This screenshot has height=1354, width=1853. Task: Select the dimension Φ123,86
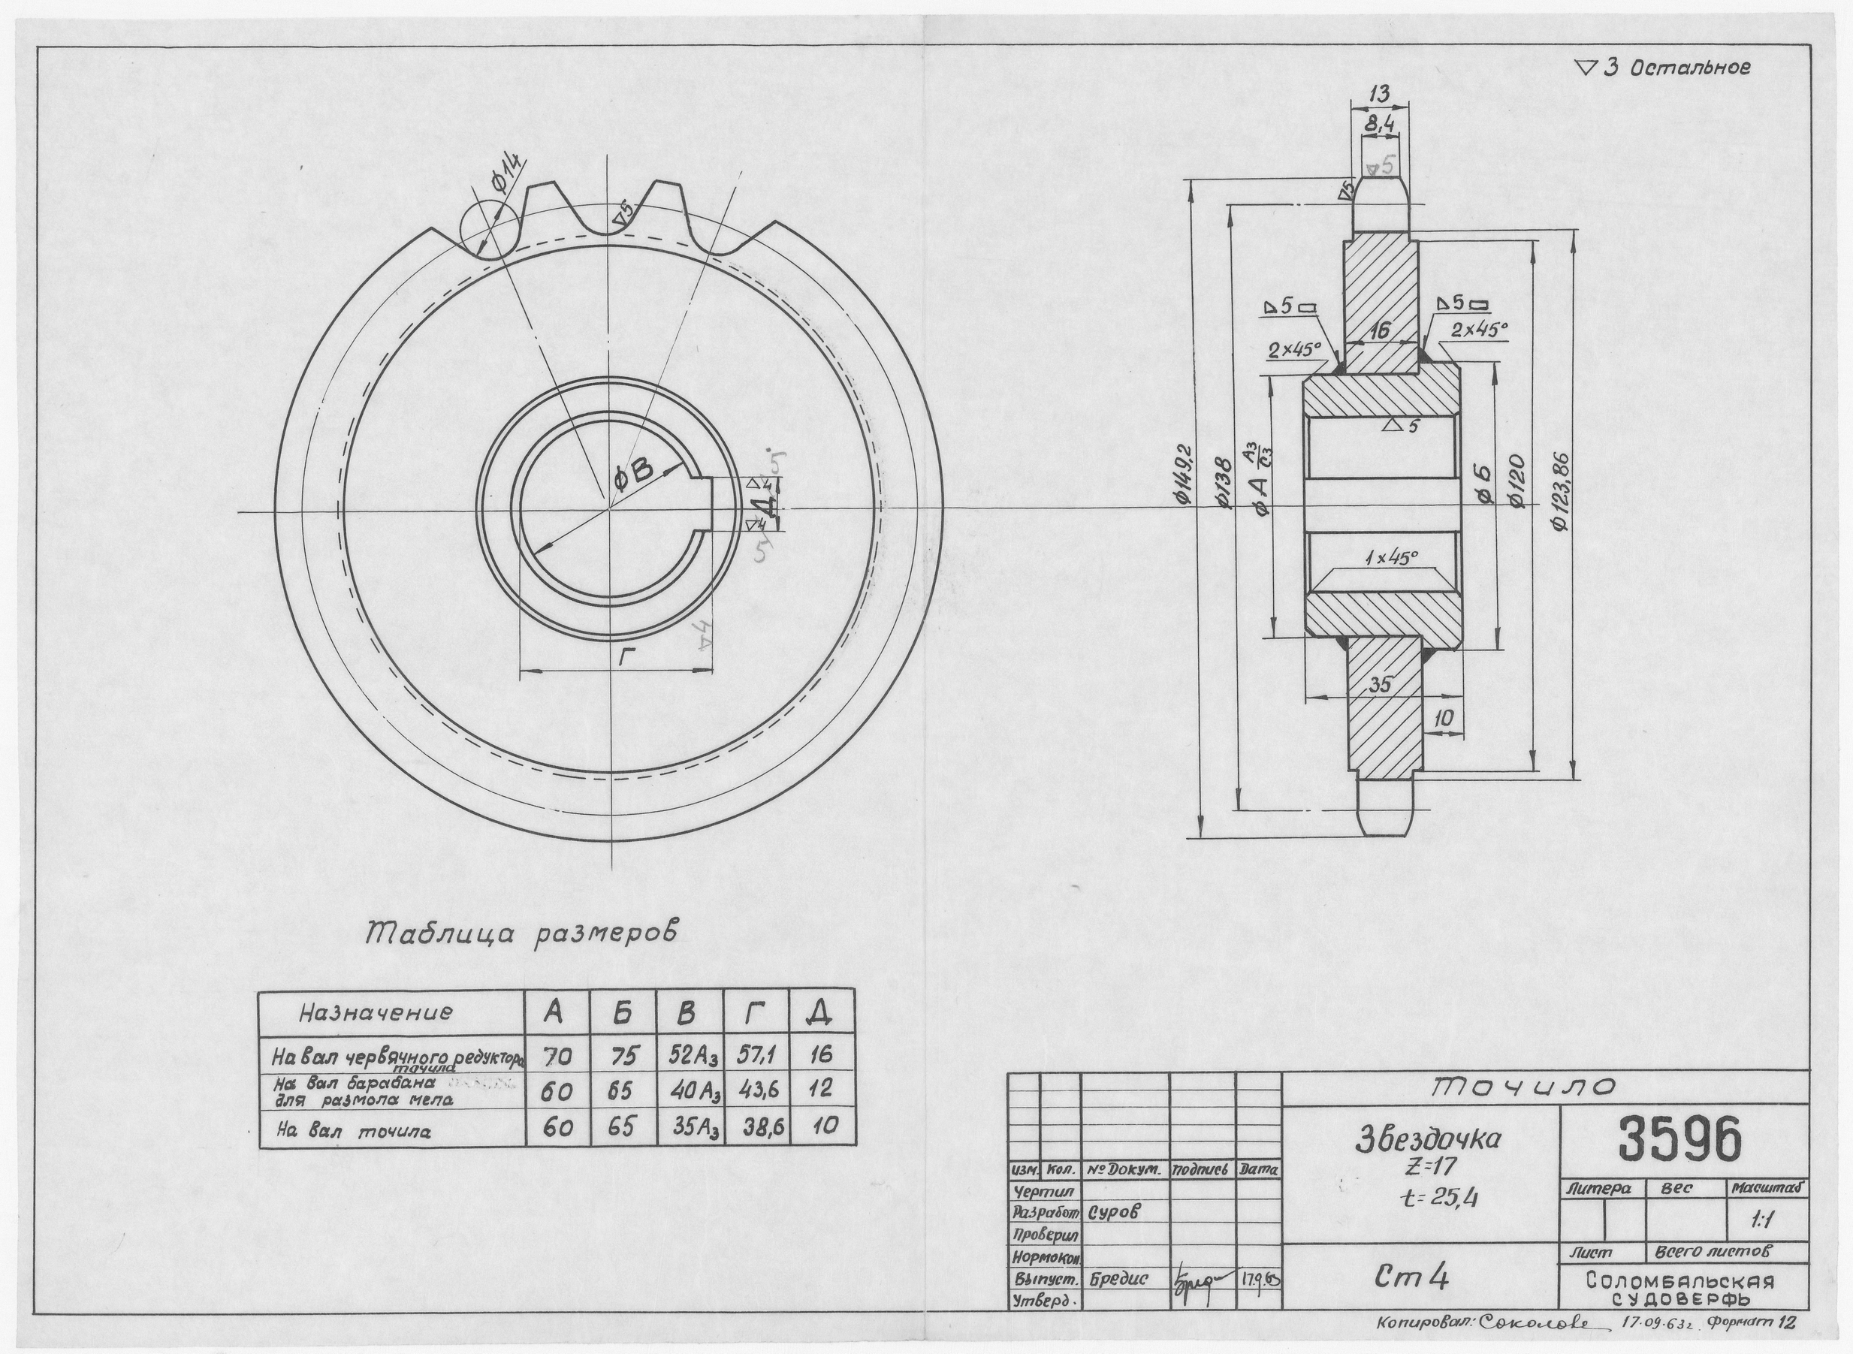1562,492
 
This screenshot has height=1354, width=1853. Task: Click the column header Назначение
376,1013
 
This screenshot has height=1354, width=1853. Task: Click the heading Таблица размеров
522,934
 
